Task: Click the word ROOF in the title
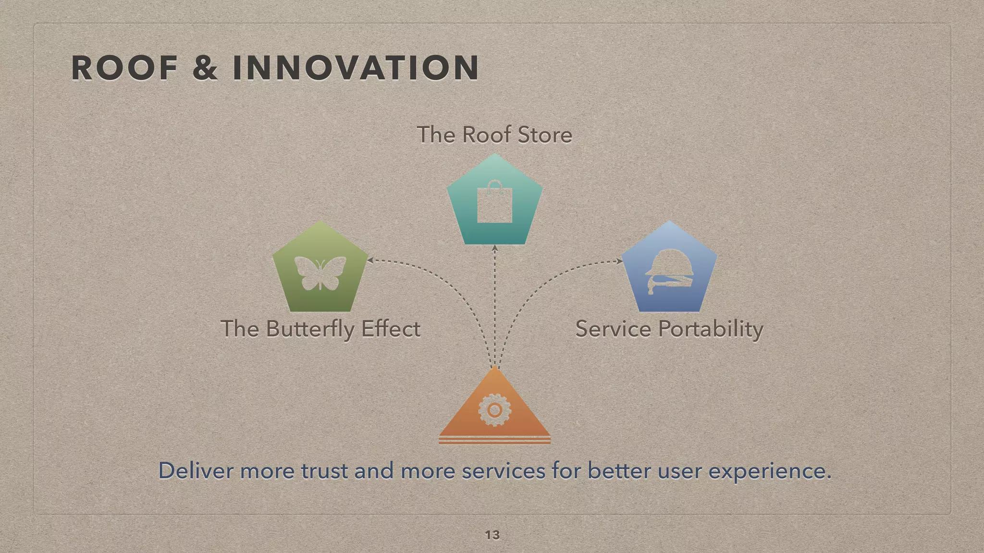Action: point(124,68)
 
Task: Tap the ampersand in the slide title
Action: point(205,68)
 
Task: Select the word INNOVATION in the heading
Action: point(356,68)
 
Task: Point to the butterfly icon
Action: point(320,273)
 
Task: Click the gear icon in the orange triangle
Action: point(494,410)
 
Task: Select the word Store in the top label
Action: point(545,135)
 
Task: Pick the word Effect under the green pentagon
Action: point(391,329)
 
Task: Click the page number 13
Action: point(492,535)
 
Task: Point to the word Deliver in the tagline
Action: point(196,470)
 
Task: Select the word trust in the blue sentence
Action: point(324,470)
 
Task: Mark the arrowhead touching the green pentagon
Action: point(370,260)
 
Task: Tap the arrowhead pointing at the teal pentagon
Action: point(494,248)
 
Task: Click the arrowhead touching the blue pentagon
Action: point(619,261)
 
